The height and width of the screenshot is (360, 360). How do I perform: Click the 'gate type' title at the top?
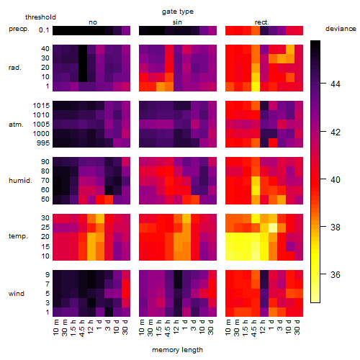178,12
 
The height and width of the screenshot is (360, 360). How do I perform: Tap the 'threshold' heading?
40,17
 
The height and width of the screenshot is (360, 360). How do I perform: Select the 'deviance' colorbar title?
341,29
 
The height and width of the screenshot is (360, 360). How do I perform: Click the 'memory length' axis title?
177,350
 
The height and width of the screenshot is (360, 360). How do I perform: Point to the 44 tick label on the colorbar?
336,84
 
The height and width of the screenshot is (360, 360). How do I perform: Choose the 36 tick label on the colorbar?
336,274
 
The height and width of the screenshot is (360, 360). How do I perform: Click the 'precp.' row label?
19,29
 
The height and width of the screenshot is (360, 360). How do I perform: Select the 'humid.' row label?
20,181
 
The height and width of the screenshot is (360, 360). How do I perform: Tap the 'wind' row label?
17,294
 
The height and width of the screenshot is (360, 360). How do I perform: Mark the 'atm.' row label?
16,125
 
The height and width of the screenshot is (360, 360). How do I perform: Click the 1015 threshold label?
41,106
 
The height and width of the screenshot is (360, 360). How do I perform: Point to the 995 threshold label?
43,143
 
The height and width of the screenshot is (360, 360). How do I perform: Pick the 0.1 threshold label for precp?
44,30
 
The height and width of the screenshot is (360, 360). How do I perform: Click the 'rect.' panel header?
262,22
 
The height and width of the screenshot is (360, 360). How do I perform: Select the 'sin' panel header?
177,22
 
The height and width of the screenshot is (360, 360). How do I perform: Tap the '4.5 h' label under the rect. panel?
254,328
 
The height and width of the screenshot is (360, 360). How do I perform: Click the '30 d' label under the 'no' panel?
125,327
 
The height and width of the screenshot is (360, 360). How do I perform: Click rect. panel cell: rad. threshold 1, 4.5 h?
256,86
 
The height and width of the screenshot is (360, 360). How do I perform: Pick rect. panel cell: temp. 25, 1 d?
273,228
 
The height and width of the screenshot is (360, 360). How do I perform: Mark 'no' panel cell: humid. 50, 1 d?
100,199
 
